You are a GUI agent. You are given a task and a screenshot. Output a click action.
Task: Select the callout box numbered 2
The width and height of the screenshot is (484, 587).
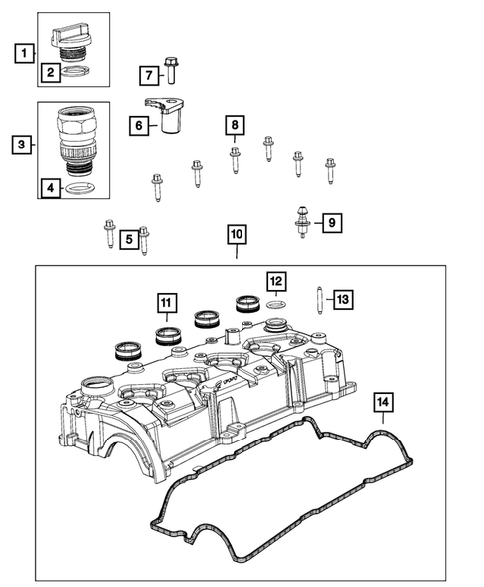49,72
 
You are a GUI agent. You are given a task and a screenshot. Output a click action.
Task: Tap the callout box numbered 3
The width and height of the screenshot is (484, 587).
20,146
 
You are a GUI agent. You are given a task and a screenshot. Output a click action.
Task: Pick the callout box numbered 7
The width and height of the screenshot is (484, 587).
147,75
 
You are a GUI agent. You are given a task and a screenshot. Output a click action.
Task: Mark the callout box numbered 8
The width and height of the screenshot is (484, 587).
234,125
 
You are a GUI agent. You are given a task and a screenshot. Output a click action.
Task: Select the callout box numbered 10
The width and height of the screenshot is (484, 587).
236,235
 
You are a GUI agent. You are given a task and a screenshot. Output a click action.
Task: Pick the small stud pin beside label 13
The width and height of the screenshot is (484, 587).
317,299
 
